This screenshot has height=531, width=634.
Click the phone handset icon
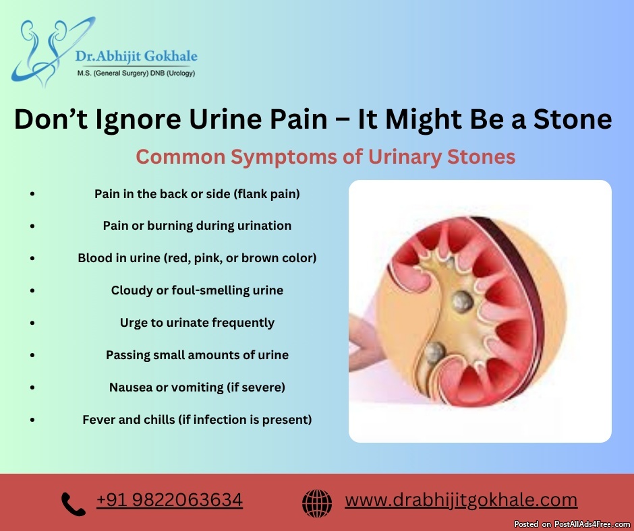pos(74,503)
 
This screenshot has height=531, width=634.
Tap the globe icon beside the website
pos(317,503)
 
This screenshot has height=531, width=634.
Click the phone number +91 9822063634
pos(169,500)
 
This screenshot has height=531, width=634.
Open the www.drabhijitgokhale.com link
pos(461,500)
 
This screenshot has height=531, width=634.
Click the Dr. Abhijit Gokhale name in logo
pos(136,56)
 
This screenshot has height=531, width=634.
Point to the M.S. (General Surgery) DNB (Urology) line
pos(136,73)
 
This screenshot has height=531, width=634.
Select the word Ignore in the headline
pos(138,120)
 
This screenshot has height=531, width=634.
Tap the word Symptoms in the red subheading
pos(284,157)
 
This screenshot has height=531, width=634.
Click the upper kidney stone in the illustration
pos(462,301)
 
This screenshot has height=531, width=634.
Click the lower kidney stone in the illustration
pos(434,352)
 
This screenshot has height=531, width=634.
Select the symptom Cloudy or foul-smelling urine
pos(197,290)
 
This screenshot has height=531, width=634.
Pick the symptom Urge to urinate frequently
pos(197,323)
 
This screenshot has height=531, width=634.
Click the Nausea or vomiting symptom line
pos(197,387)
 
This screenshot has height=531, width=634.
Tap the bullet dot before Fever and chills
pos(32,420)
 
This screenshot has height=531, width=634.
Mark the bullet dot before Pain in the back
pos(32,194)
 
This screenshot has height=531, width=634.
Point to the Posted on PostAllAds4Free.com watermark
pos(572,524)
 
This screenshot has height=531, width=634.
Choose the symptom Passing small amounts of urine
pos(197,355)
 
